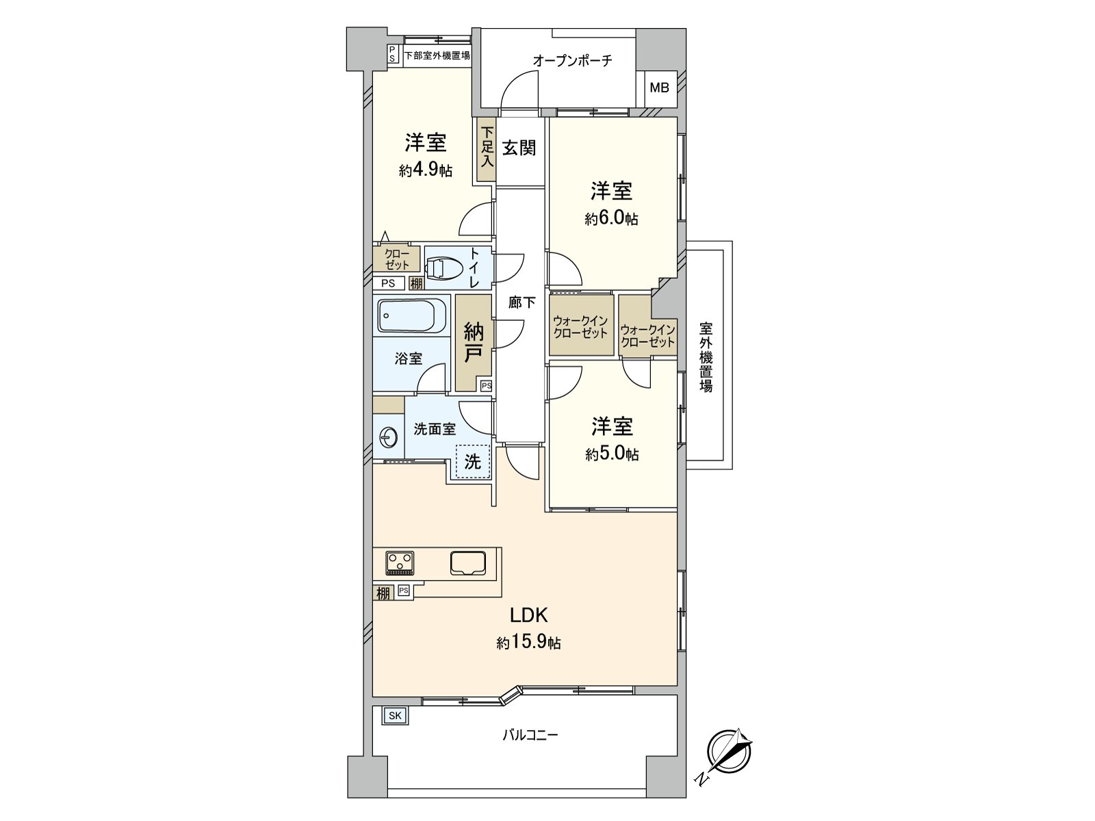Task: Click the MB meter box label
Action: pyautogui.click(x=659, y=88)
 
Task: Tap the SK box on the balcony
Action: pyautogui.click(x=394, y=716)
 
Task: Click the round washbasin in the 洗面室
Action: pyautogui.click(x=388, y=436)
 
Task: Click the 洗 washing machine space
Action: pyautogui.click(x=472, y=462)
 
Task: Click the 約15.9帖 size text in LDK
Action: pyautogui.click(x=529, y=643)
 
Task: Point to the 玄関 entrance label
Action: pyautogui.click(x=519, y=148)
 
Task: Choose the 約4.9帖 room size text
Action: pyautogui.click(x=425, y=170)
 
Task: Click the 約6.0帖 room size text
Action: pyautogui.click(x=611, y=219)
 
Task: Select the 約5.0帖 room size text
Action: pyautogui.click(x=612, y=454)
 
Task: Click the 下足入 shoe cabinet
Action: pyautogui.click(x=487, y=151)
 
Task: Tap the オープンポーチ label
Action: pyautogui.click(x=572, y=61)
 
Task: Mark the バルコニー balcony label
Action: pyautogui.click(x=530, y=735)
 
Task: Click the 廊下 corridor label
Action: pyautogui.click(x=521, y=302)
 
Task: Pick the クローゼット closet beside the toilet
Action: pyautogui.click(x=397, y=259)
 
